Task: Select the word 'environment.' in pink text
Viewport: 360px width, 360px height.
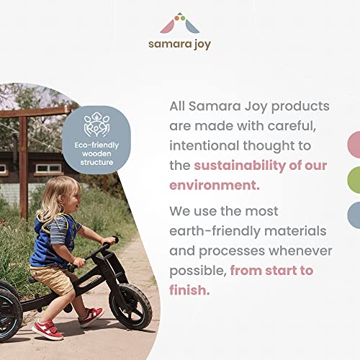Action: click(x=214, y=184)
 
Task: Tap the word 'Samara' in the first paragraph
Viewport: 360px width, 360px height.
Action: click(x=221, y=106)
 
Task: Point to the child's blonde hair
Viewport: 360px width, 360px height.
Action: click(x=56, y=196)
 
